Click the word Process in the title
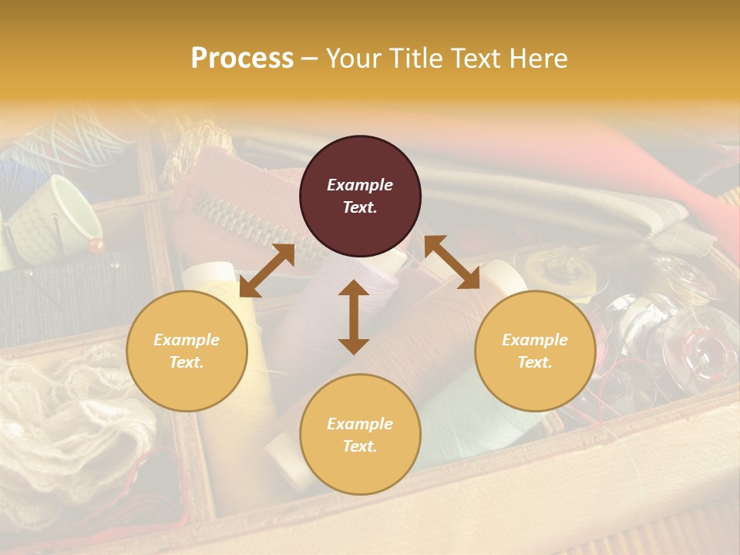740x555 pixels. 242,59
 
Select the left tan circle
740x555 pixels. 187,351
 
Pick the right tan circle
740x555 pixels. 535,351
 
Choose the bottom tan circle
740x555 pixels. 360,434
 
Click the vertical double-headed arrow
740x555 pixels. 354,317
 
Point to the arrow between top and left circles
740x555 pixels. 267,271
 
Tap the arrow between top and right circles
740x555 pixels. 452,262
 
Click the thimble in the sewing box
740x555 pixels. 69,212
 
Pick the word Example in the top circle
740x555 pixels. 360,185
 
